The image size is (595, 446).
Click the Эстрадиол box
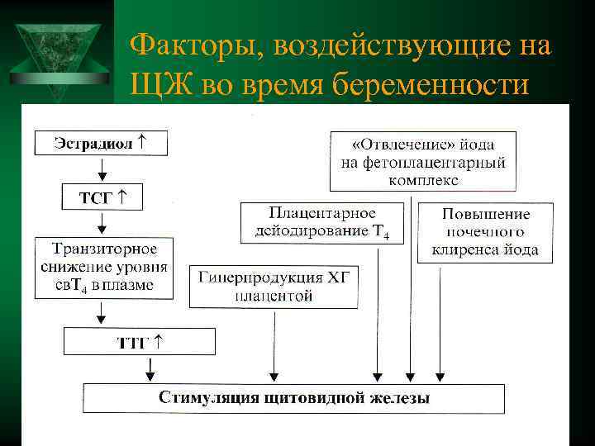tap(102, 142)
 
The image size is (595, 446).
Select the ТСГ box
tap(101, 197)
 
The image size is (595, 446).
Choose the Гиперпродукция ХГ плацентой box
tap(274, 286)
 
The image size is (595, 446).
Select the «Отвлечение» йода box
tap(423, 159)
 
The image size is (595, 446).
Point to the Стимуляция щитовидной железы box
tap(294, 398)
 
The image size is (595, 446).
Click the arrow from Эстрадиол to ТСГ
tap(102, 168)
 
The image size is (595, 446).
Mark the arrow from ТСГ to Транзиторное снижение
tap(102, 224)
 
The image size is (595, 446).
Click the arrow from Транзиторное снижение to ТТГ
tap(102, 312)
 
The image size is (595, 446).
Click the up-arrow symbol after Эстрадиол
tap(143, 141)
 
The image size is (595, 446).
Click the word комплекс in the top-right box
tap(423, 178)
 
